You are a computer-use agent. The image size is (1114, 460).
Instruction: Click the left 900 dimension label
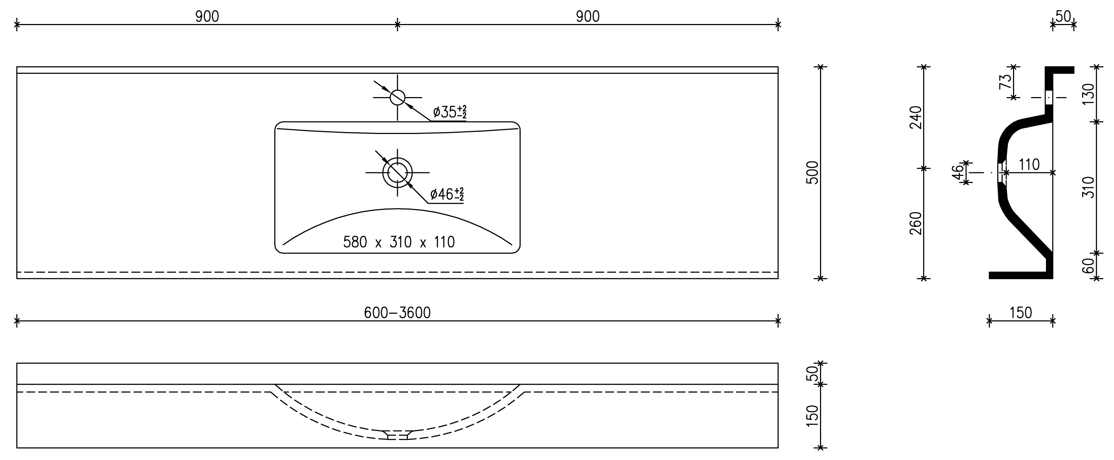click(x=207, y=16)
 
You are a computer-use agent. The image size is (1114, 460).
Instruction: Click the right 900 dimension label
click(x=588, y=16)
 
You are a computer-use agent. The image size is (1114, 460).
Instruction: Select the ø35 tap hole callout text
click(x=449, y=112)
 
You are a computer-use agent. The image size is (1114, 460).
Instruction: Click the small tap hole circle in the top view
click(x=397, y=97)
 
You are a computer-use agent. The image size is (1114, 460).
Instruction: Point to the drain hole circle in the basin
click(x=397, y=173)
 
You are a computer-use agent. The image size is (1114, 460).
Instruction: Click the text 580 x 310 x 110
click(x=399, y=242)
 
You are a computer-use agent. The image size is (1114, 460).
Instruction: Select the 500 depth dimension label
click(x=813, y=173)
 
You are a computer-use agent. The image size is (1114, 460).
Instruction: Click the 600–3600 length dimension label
click(x=397, y=312)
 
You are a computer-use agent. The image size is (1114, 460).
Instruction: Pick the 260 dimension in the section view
click(x=916, y=223)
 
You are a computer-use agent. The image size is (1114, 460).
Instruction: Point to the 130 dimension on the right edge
click(x=1089, y=94)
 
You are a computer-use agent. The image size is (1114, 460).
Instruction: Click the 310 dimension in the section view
click(x=1089, y=187)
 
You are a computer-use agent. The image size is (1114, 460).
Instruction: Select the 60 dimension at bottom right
click(x=1089, y=265)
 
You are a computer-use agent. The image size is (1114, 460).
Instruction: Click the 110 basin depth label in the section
click(x=1029, y=165)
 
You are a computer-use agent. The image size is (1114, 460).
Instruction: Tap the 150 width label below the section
click(x=1021, y=312)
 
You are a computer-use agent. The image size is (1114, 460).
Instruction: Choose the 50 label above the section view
click(x=1063, y=16)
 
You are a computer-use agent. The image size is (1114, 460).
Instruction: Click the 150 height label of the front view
click(x=813, y=416)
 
